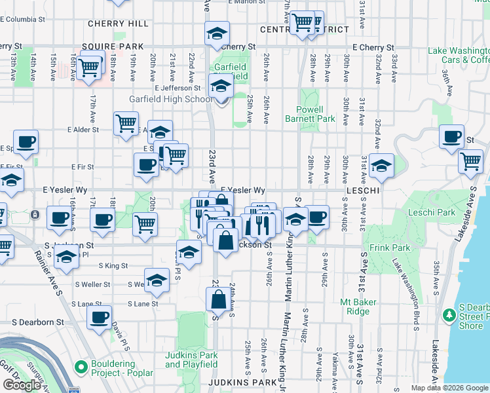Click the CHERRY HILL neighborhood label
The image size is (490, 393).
[118, 24]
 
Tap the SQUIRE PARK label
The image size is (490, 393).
[112, 47]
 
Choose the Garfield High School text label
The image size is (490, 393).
[170, 99]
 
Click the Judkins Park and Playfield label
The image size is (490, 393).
[191, 360]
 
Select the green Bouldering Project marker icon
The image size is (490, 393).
[81, 365]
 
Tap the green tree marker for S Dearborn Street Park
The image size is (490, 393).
[449, 316]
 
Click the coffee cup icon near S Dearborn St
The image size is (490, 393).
[100, 317]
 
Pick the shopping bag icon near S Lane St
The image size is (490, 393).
[218, 300]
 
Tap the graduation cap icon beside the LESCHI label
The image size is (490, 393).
[381, 165]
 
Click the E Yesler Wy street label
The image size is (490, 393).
[242, 190]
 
